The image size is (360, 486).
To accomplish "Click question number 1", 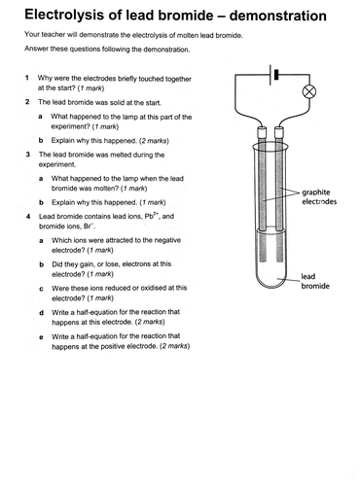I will point(28,76).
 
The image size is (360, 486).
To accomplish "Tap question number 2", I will point(28,101).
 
